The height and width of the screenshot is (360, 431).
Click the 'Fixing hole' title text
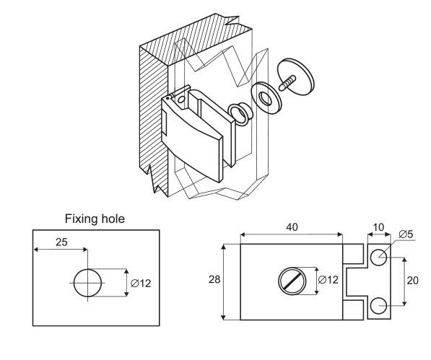(x=95, y=219)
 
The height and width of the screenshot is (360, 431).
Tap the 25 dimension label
(x=61, y=242)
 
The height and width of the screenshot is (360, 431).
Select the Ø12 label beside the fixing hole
(x=141, y=283)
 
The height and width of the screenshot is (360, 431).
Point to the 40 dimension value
(x=292, y=227)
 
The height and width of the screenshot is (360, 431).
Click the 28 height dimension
(x=214, y=279)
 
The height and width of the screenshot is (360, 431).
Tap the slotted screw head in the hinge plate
(x=292, y=281)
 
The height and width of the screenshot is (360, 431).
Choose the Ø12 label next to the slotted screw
(x=328, y=280)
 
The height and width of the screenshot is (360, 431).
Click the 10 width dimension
(x=378, y=227)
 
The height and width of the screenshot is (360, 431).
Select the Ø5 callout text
(x=406, y=234)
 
